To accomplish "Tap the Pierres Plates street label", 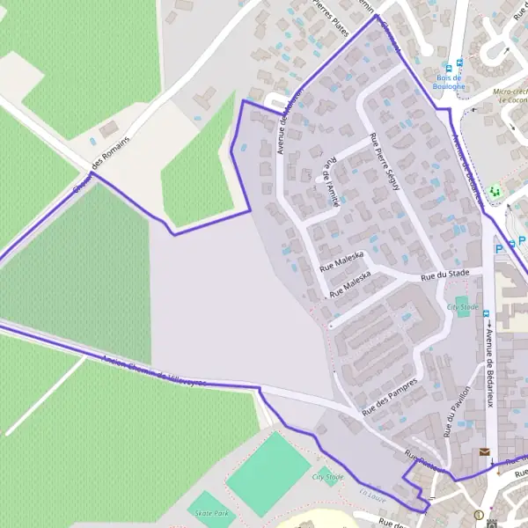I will click(331, 17).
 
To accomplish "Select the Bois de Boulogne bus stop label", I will click(449, 82).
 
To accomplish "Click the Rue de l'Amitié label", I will click(331, 181).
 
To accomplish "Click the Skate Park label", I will click(210, 513).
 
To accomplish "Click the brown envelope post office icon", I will click(483, 452).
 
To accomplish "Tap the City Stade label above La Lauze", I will click(327, 477).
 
